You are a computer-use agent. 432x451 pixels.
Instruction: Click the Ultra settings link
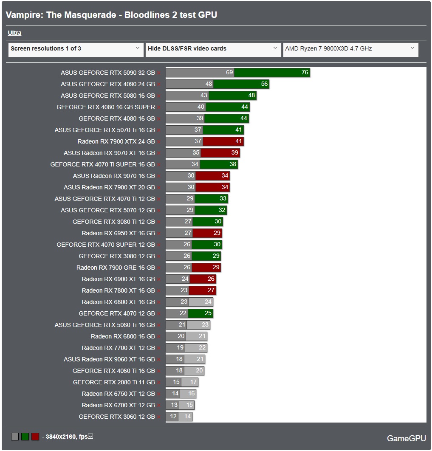pyautogui.click(x=14, y=33)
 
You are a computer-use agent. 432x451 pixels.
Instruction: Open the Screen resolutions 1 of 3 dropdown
pyautogui.click(x=76, y=49)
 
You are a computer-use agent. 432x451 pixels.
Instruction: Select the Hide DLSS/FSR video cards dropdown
pyautogui.click(x=213, y=49)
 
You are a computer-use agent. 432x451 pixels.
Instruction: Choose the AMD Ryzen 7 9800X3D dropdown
pyautogui.click(x=350, y=49)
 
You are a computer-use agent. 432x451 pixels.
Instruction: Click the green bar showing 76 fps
pyautogui.click(x=272, y=73)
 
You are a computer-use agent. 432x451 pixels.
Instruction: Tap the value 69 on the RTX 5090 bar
pyautogui.click(x=229, y=73)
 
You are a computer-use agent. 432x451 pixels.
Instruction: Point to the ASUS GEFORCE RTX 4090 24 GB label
pyautogui.click(x=107, y=84)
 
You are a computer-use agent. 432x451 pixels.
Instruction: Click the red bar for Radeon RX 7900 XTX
pyautogui.click(x=223, y=141)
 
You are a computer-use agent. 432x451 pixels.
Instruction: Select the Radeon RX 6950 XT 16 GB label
pyautogui.click(x=118, y=233)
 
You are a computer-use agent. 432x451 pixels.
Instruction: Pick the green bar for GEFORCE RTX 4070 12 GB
pyautogui.click(x=200, y=313)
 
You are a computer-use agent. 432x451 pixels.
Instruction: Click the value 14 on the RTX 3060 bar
pyautogui.click(x=187, y=417)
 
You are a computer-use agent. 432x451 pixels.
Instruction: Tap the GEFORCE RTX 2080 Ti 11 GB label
pyautogui.click(x=114, y=382)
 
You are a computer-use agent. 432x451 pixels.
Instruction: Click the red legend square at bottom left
pyautogui.click(x=35, y=437)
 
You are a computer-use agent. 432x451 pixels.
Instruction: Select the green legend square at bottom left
pyautogui.click(x=25, y=437)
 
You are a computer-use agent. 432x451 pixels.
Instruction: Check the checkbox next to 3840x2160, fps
pyautogui.click(x=90, y=436)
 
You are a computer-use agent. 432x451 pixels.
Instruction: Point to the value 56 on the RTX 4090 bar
pyautogui.click(x=264, y=84)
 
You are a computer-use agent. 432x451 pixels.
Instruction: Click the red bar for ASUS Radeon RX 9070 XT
pyautogui.click(x=220, y=153)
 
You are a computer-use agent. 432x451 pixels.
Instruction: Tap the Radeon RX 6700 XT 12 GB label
pyautogui.click(x=118, y=405)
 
